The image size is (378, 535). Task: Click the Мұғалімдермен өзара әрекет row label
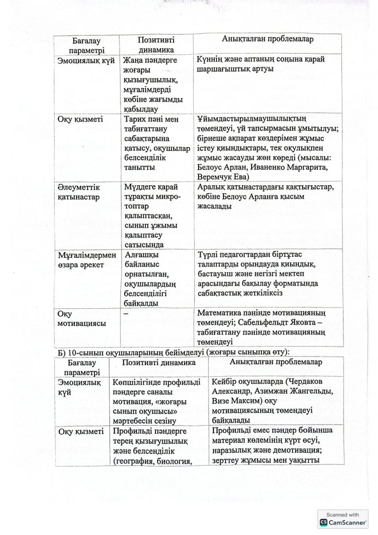[x=86, y=260]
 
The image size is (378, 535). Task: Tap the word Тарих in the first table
[x=135, y=119]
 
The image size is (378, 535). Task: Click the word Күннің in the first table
[x=210, y=59]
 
